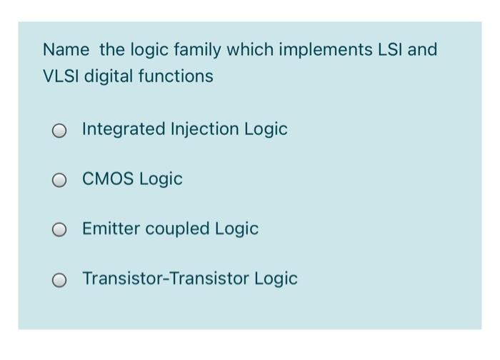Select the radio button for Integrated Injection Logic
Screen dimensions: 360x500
[x=59, y=131]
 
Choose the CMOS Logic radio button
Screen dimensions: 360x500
[x=59, y=181]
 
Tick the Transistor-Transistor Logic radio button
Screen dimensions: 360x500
[x=59, y=280]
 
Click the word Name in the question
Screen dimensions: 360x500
[x=66, y=50]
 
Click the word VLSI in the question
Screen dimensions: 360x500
[x=61, y=76]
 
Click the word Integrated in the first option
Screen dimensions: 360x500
[x=122, y=129]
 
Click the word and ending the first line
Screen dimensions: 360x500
[x=423, y=50]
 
